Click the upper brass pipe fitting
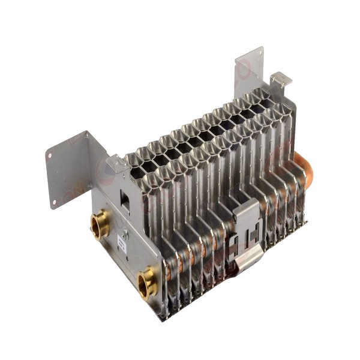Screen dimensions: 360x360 click(x=100, y=225)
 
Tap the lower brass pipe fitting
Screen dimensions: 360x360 click(x=146, y=282)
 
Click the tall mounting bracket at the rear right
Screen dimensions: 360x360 click(x=249, y=69)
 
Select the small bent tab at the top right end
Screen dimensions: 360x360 click(x=280, y=79)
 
